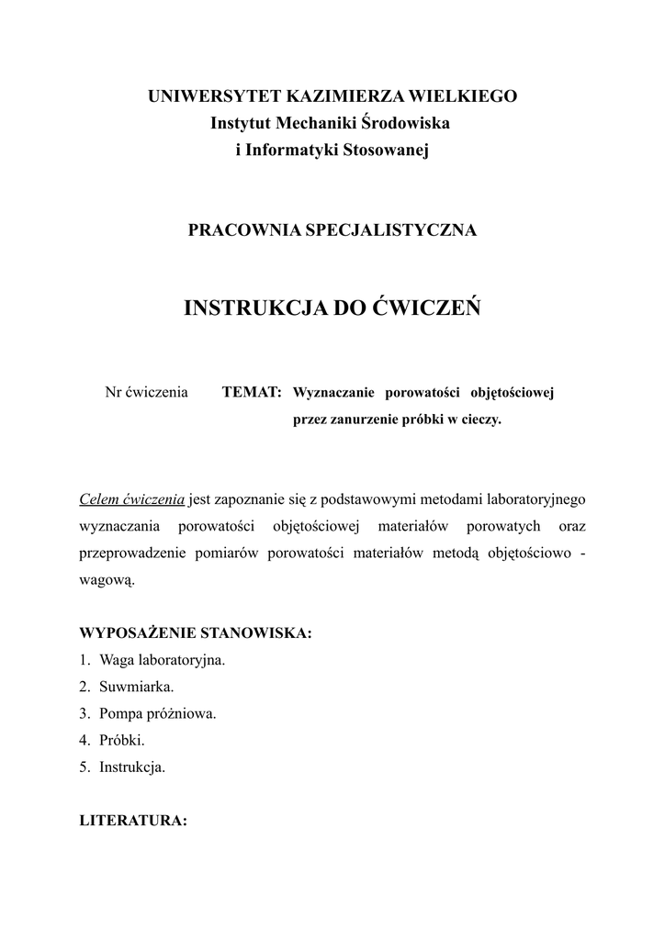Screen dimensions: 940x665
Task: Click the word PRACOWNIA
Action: coord(237,230)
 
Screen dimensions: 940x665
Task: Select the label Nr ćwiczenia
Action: coord(147,393)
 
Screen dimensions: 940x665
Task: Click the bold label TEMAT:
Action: coord(252,393)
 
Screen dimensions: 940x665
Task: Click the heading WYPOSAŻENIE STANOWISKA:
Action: coord(196,633)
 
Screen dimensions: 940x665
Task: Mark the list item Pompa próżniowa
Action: coord(158,713)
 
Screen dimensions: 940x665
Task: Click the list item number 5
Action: coord(85,767)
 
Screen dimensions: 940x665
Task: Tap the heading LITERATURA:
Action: coord(134,821)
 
